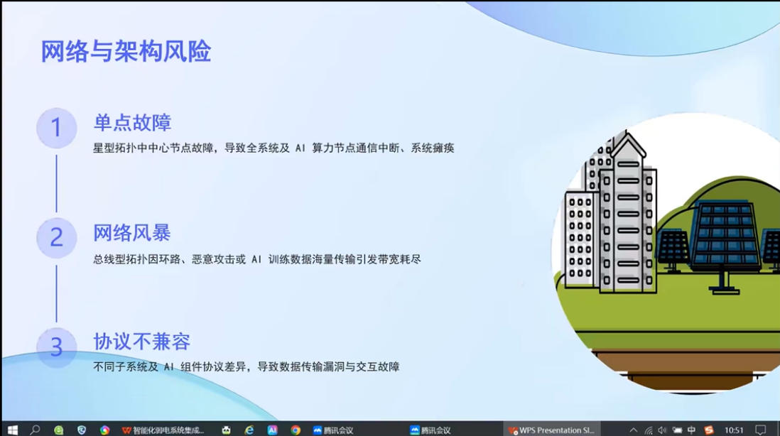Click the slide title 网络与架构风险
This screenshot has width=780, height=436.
coord(126,51)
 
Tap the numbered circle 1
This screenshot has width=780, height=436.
coord(56,128)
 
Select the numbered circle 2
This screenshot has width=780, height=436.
coord(56,238)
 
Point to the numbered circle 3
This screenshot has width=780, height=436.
coord(56,347)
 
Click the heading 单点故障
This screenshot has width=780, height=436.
coord(132,123)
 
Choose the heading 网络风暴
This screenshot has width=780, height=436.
coord(132,233)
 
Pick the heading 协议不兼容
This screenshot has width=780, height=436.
coord(142,342)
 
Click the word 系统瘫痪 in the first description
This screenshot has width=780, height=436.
coord(433,148)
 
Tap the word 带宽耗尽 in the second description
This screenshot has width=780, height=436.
coord(399,259)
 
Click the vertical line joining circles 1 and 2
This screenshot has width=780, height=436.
coord(56,183)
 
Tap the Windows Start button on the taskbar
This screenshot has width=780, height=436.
coord(13,430)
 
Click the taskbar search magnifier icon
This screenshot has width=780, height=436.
coord(35,430)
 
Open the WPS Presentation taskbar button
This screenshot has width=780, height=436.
coord(552,430)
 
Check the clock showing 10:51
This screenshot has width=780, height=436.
coord(734,430)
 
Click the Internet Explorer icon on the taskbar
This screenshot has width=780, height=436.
coord(249,430)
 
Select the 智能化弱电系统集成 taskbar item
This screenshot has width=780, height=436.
coord(163,430)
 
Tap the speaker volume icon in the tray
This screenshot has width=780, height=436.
coord(662,430)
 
